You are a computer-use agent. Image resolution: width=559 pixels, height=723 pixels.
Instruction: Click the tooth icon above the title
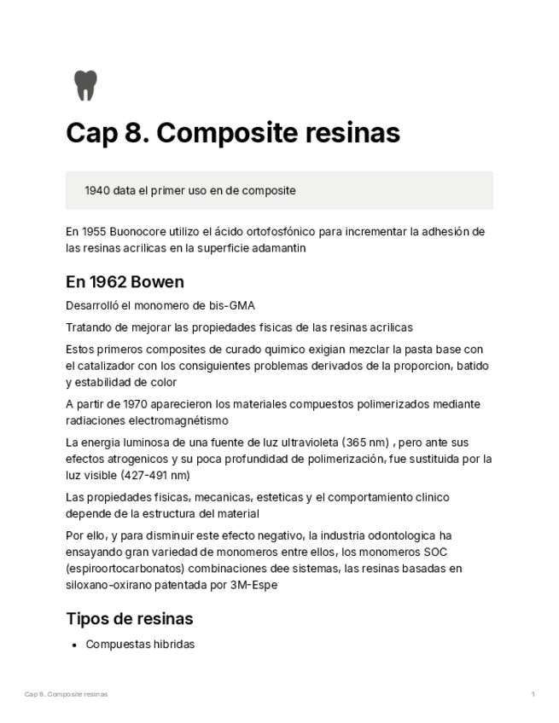pyautogui.click(x=85, y=85)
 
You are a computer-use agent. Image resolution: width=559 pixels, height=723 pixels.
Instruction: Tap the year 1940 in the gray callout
pyautogui.click(x=97, y=191)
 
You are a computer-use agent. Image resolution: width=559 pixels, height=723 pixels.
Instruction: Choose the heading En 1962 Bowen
pyautogui.click(x=125, y=282)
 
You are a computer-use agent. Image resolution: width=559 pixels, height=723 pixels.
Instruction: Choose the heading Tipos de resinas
pyautogui.click(x=129, y=618)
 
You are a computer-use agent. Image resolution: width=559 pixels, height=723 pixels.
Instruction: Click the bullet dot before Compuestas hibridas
pyautogui.click(x=76, y=645)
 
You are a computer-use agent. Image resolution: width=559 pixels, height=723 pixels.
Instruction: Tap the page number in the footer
pyautogui.click(x=533, y=695)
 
